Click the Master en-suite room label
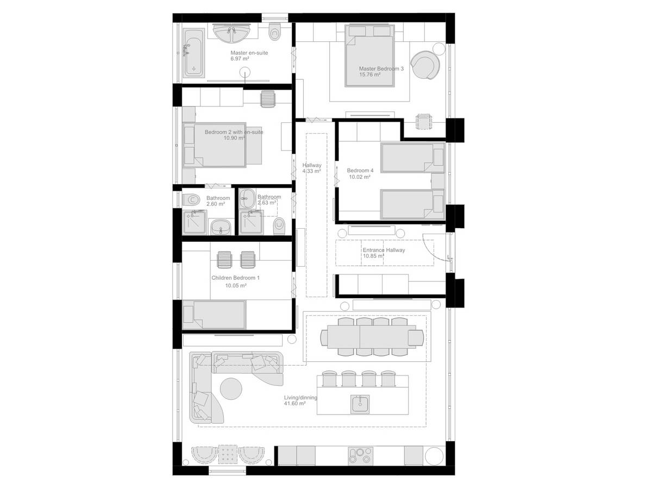coord(249,53)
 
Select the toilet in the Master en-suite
coord(274,32)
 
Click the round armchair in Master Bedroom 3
coord(425,65)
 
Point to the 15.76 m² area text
coord(370,74)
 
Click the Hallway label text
coord(312,165)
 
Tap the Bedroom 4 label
coord(360,171)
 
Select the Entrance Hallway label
coord(384,250)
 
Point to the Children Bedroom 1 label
coord(235,278)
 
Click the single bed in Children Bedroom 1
coord(214,315)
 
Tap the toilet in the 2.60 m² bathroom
coord(191,199)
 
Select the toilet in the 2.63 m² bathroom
coord(279,226)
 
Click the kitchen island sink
coord(360,404)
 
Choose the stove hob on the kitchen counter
coord(360,456)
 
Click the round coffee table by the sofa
coord(231,388)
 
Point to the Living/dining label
coord(300,398)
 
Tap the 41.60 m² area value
coord(294,404)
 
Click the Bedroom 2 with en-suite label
coord(234,132)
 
